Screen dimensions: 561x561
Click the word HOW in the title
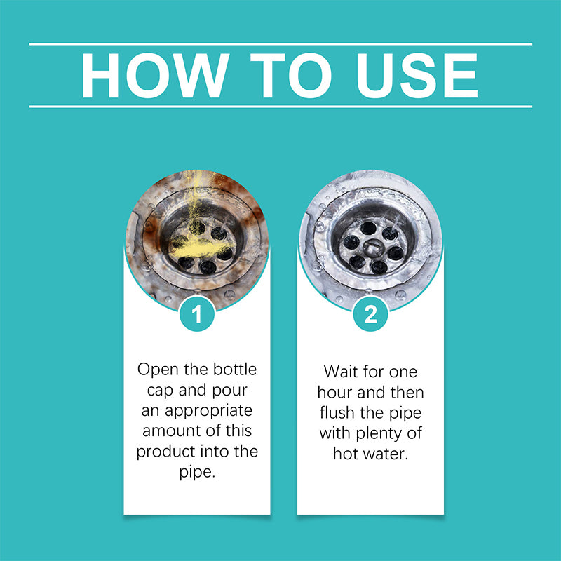tap(155, 75)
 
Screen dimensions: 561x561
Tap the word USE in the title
tap(417, 75)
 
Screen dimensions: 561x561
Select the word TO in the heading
tap(290, 75)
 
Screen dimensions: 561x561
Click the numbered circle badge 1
tap(197, 313)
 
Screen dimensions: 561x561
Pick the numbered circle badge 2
tap(370, 313)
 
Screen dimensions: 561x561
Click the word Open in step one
tap(157, 370)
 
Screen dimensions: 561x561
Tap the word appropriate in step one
tap(208, 412)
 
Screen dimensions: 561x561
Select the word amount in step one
tap(168, 431)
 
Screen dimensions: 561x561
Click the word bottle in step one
tap(235, 370)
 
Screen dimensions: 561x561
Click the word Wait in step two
tap(340, 372)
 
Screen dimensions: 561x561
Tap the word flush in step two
tap(337, 412)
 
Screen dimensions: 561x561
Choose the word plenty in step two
tap(379, 434)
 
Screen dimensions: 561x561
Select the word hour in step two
tap(335, 392)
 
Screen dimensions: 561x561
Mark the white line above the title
tap(280, 44)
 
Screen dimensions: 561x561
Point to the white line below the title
tap(280, 107)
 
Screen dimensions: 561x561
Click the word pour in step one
tap(229, 391)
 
